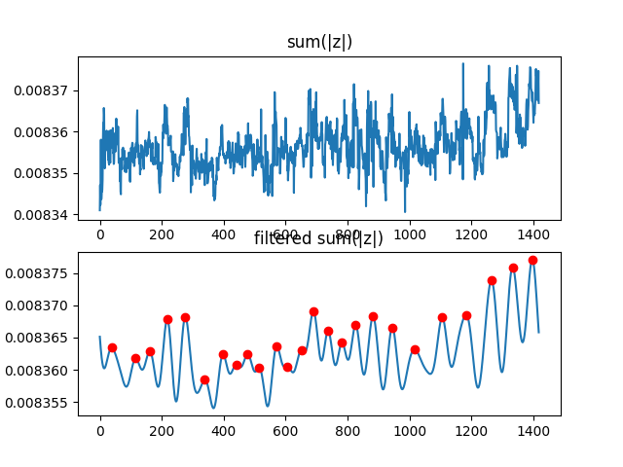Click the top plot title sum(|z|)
coord(319,42)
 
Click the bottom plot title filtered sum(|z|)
coord(319,239)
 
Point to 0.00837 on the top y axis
coord(46,90)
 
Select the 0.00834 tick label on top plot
coord(46,214)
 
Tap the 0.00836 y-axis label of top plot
coord(46,132)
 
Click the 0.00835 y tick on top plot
coord(46,173)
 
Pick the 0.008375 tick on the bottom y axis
coord(42,274)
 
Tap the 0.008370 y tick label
coord(42,306)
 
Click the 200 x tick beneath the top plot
coord(162,234)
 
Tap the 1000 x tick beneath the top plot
coord(410,234)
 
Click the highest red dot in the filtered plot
coord(532,260)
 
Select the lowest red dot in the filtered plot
coord(204,380)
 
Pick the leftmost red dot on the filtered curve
coord(112,347)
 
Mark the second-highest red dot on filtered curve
coord(513,268)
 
